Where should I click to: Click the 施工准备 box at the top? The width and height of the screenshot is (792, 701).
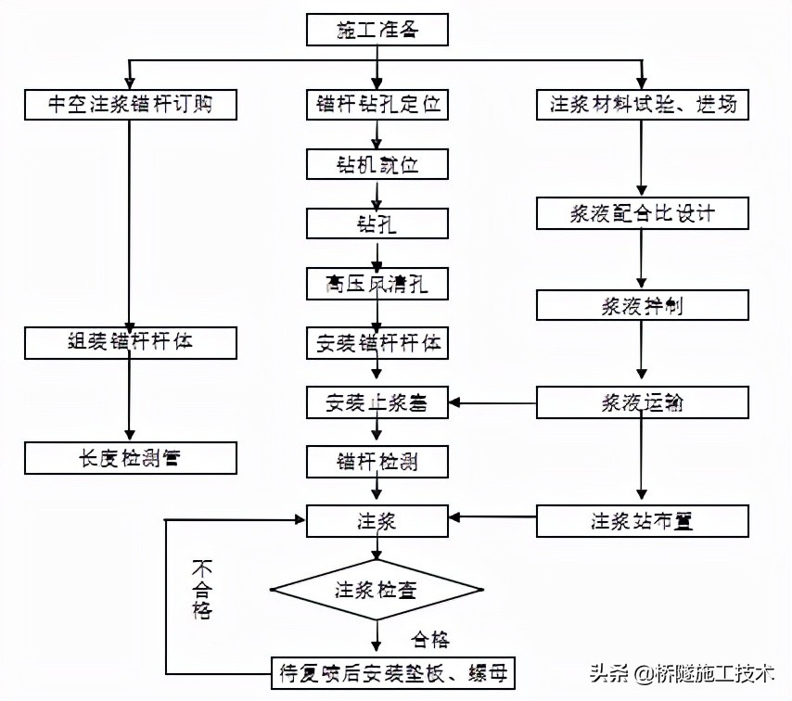377,31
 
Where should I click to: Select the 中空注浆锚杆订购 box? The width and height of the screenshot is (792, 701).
131,105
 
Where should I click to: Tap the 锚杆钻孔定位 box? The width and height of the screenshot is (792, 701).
377,105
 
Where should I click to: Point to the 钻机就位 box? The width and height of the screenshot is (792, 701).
377,165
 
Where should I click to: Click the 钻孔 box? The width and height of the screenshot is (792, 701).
377,223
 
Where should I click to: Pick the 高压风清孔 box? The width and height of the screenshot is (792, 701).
377,283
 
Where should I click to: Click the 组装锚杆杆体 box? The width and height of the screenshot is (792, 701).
131,342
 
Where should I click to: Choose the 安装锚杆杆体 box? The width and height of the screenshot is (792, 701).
377,343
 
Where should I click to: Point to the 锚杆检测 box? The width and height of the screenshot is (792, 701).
377,460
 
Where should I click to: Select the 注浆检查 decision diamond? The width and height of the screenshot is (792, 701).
377,588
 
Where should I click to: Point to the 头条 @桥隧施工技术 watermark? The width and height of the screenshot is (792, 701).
682,673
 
